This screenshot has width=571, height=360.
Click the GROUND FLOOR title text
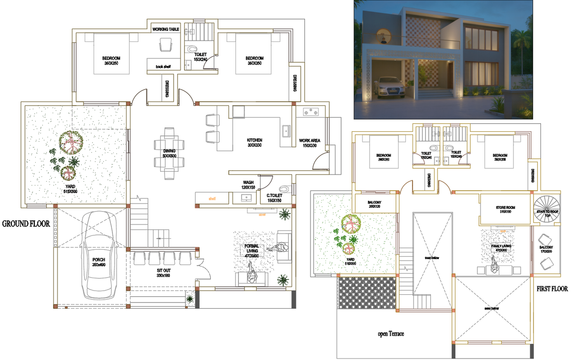click(26, 223)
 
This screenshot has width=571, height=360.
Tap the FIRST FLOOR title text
click(552, 289)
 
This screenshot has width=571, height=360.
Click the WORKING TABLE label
click(166, 29)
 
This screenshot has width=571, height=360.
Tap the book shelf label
click(163, 67)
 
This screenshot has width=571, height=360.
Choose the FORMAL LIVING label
click(251, 251)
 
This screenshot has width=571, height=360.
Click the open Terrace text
click(391, 334)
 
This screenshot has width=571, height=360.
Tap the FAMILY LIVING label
click(502, 247)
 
